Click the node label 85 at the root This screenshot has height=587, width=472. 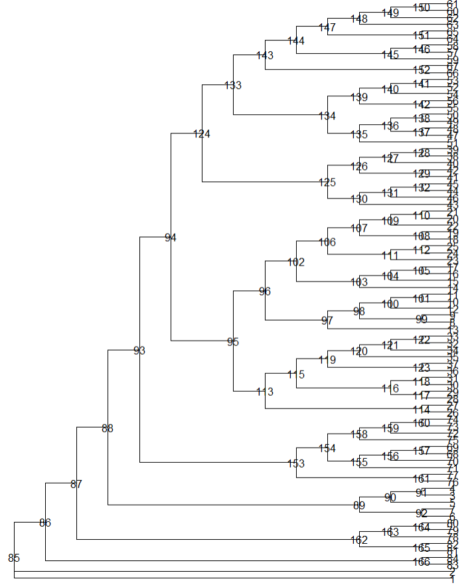click(14, 557)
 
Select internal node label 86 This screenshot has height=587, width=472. click(45, 523)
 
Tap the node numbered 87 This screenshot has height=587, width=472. click(76, 484)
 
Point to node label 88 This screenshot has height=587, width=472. click(108, 428)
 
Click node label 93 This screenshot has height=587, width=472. click(139, 350)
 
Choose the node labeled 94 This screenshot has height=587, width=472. click(171, 237)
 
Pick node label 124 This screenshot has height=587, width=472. click(202, 134)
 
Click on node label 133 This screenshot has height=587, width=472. click(233, 85)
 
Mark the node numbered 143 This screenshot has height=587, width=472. click(265, 55)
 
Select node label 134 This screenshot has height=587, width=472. click(327, 116)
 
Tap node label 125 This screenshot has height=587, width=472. click(327, 182)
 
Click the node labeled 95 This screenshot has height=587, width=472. click(233, 342)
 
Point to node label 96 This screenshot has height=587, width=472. click(265, 291)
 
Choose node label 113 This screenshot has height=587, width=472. click(265, 392)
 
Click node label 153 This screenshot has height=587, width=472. click(296, 463)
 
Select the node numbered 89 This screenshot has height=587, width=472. click(358, 505)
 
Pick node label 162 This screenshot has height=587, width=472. click(358, 540)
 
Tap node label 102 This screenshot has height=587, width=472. click(296, 262)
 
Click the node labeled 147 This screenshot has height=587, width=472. click(327, 27)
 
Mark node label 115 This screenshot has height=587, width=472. click(296, 375)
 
